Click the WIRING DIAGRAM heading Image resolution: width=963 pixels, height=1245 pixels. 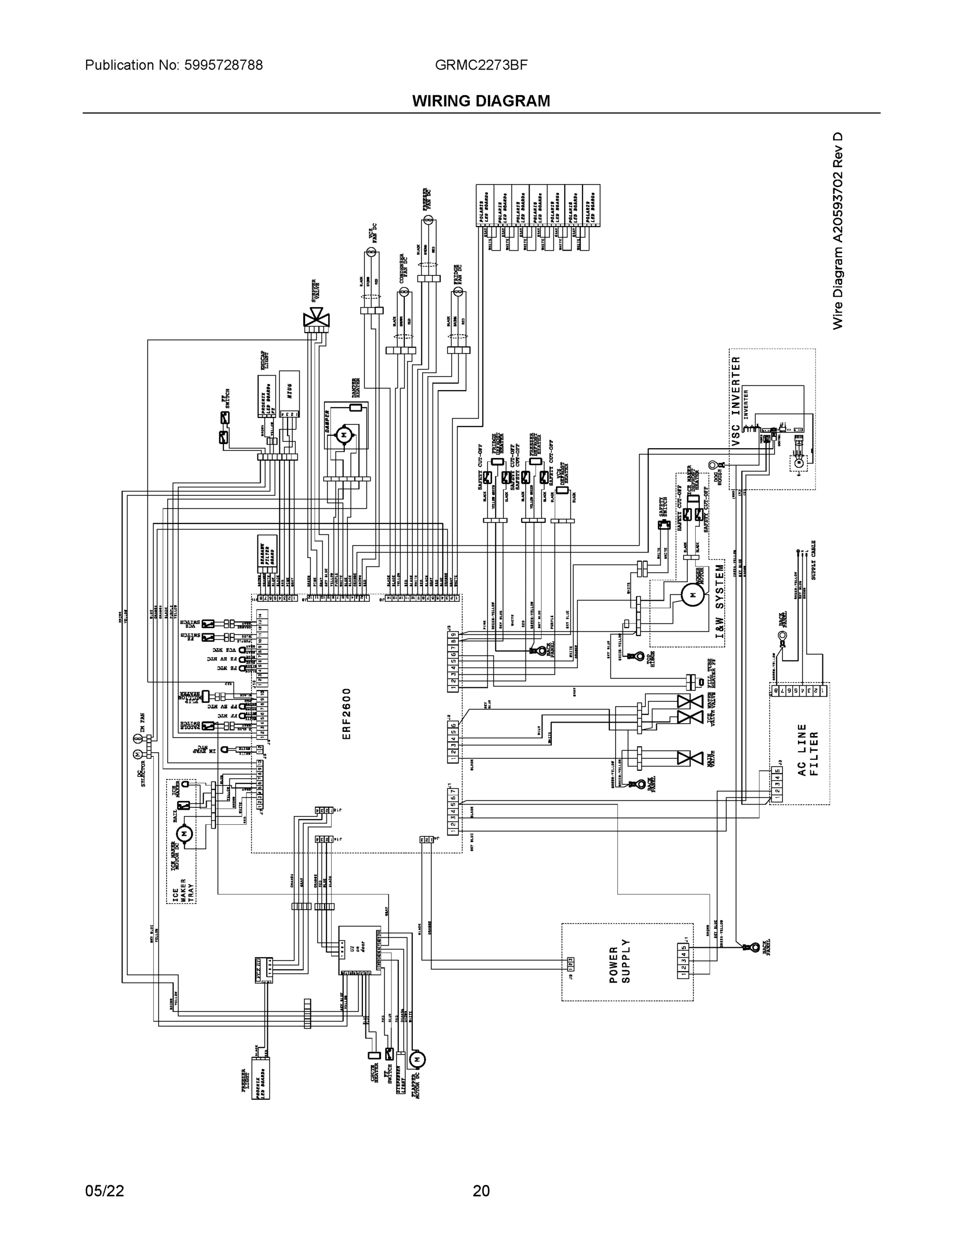pos(481,101)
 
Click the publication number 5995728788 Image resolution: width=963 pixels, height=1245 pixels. pos(223,65)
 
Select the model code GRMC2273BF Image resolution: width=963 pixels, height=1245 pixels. pos(481,65)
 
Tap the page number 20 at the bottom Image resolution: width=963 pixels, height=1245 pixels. pos(481,1191)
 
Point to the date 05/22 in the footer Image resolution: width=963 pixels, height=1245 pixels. pos(104,1191)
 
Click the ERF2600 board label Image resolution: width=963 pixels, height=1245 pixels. pos(347,714)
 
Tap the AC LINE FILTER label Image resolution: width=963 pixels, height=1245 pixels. pos(808,750)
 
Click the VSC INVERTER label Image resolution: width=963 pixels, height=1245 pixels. pos(736,402)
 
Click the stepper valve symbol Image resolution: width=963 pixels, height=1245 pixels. pos(317,317)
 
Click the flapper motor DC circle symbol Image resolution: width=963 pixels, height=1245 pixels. pos(417,1059)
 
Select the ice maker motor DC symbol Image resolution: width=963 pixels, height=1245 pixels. pos(184,834)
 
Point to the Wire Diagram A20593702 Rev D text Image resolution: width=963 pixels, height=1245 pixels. pos(837,231)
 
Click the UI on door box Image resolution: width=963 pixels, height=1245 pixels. pos(359,950)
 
